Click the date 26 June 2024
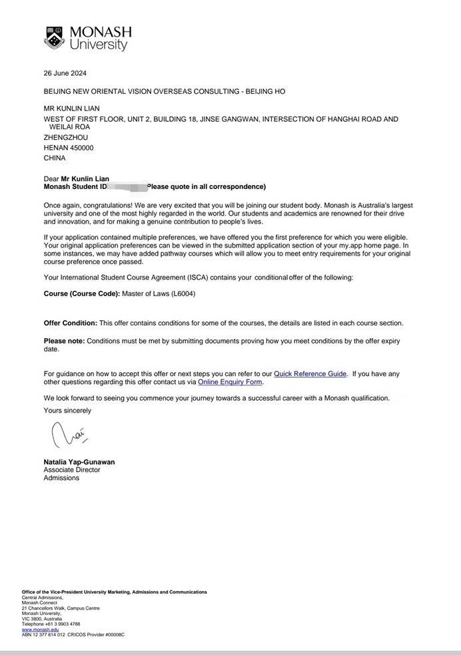[x=65, y=73]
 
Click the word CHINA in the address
[x=55, y=158]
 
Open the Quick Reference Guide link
[x=310, y=374]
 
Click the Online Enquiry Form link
[x=230, y=383]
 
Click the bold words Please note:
[x=64, y=341]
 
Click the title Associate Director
[x=72, y=470]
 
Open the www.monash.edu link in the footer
[x=40, y=629]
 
